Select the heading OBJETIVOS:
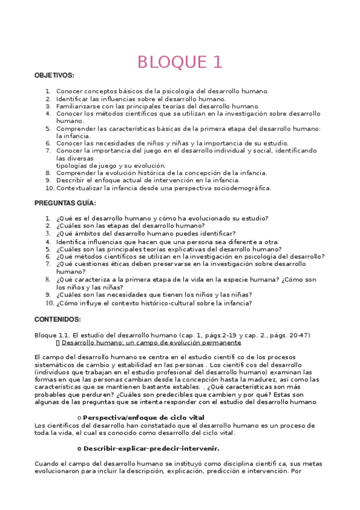[54, 76]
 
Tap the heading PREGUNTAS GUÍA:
[65, 203]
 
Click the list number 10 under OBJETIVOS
[49, 188]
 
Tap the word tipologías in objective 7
[73, 165]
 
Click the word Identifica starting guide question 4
[71, 241]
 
